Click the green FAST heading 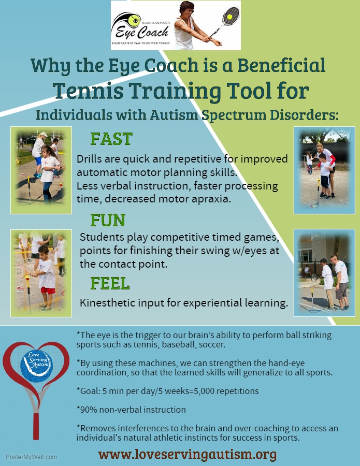111,139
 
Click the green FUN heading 108,220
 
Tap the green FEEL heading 110,283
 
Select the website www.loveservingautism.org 188,455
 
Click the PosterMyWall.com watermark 31,457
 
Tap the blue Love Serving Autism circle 37,365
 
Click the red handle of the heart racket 36,426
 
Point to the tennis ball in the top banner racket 229,17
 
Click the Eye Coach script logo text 142,32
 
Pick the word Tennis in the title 89,91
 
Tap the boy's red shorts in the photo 48,290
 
